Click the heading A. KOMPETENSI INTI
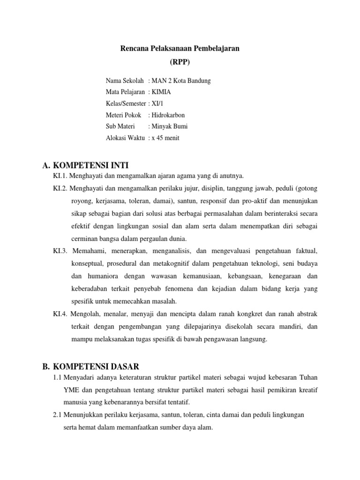85,165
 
